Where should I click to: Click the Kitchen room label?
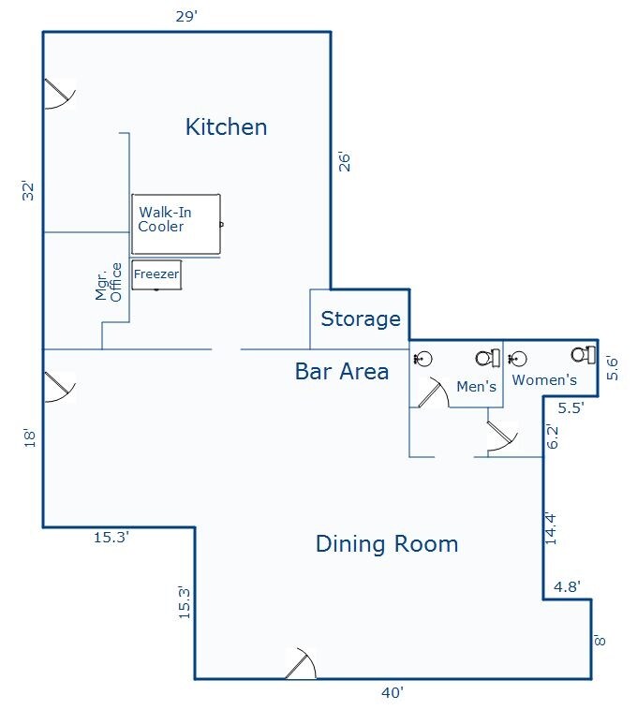point(226,126)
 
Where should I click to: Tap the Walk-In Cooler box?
point(176,224)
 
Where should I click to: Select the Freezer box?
point(156,274)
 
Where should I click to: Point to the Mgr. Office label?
point(110,282)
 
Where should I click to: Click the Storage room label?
point(361,319)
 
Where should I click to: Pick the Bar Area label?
point(342,372)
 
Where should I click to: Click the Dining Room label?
point(387,543)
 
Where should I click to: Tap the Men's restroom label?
point(476,386)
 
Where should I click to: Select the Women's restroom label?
point(544,380)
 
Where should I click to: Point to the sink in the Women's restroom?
point(517,358)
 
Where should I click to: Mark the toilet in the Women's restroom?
point(585,353)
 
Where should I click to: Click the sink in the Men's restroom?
point(423,358)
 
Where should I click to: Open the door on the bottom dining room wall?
point(302,664)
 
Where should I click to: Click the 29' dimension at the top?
point(185,16)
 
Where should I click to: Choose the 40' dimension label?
point(392,693)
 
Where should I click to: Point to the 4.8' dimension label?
point(568,587)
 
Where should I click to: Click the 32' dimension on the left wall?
point(28,191)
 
